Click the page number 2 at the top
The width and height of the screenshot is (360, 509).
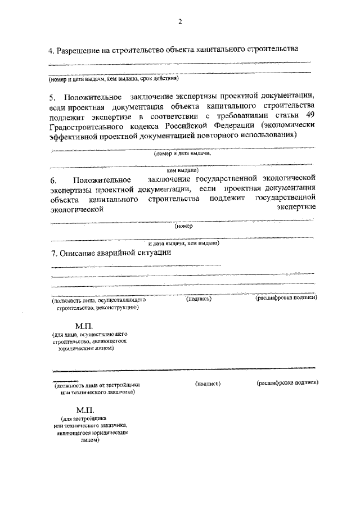pos(180,22)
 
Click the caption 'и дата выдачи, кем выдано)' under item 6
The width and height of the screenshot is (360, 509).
pos(183,244)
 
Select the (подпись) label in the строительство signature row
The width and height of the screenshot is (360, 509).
pos(199,299)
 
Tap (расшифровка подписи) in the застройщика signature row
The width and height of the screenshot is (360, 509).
pos(287,383)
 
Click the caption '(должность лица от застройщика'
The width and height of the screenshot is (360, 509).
pos(97,385)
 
